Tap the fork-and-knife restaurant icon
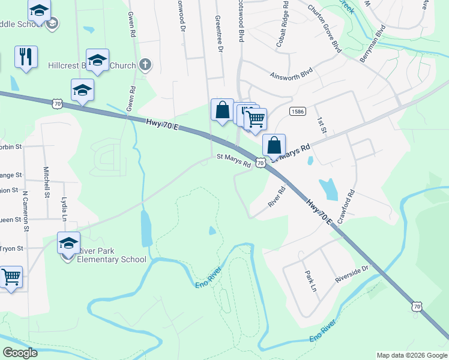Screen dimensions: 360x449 click(26, 57)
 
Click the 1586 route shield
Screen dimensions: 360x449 click(297, 112)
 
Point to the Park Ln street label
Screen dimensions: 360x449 click(310, 280)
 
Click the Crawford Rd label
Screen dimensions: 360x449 click(346, 208)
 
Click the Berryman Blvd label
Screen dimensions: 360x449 click(372, 43)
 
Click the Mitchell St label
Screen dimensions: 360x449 click(46, 182)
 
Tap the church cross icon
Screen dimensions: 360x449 click(145, 65)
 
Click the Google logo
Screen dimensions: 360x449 click(20, 353)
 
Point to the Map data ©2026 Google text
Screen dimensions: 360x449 click(411, 355)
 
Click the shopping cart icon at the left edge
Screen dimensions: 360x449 click(11, 278)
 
